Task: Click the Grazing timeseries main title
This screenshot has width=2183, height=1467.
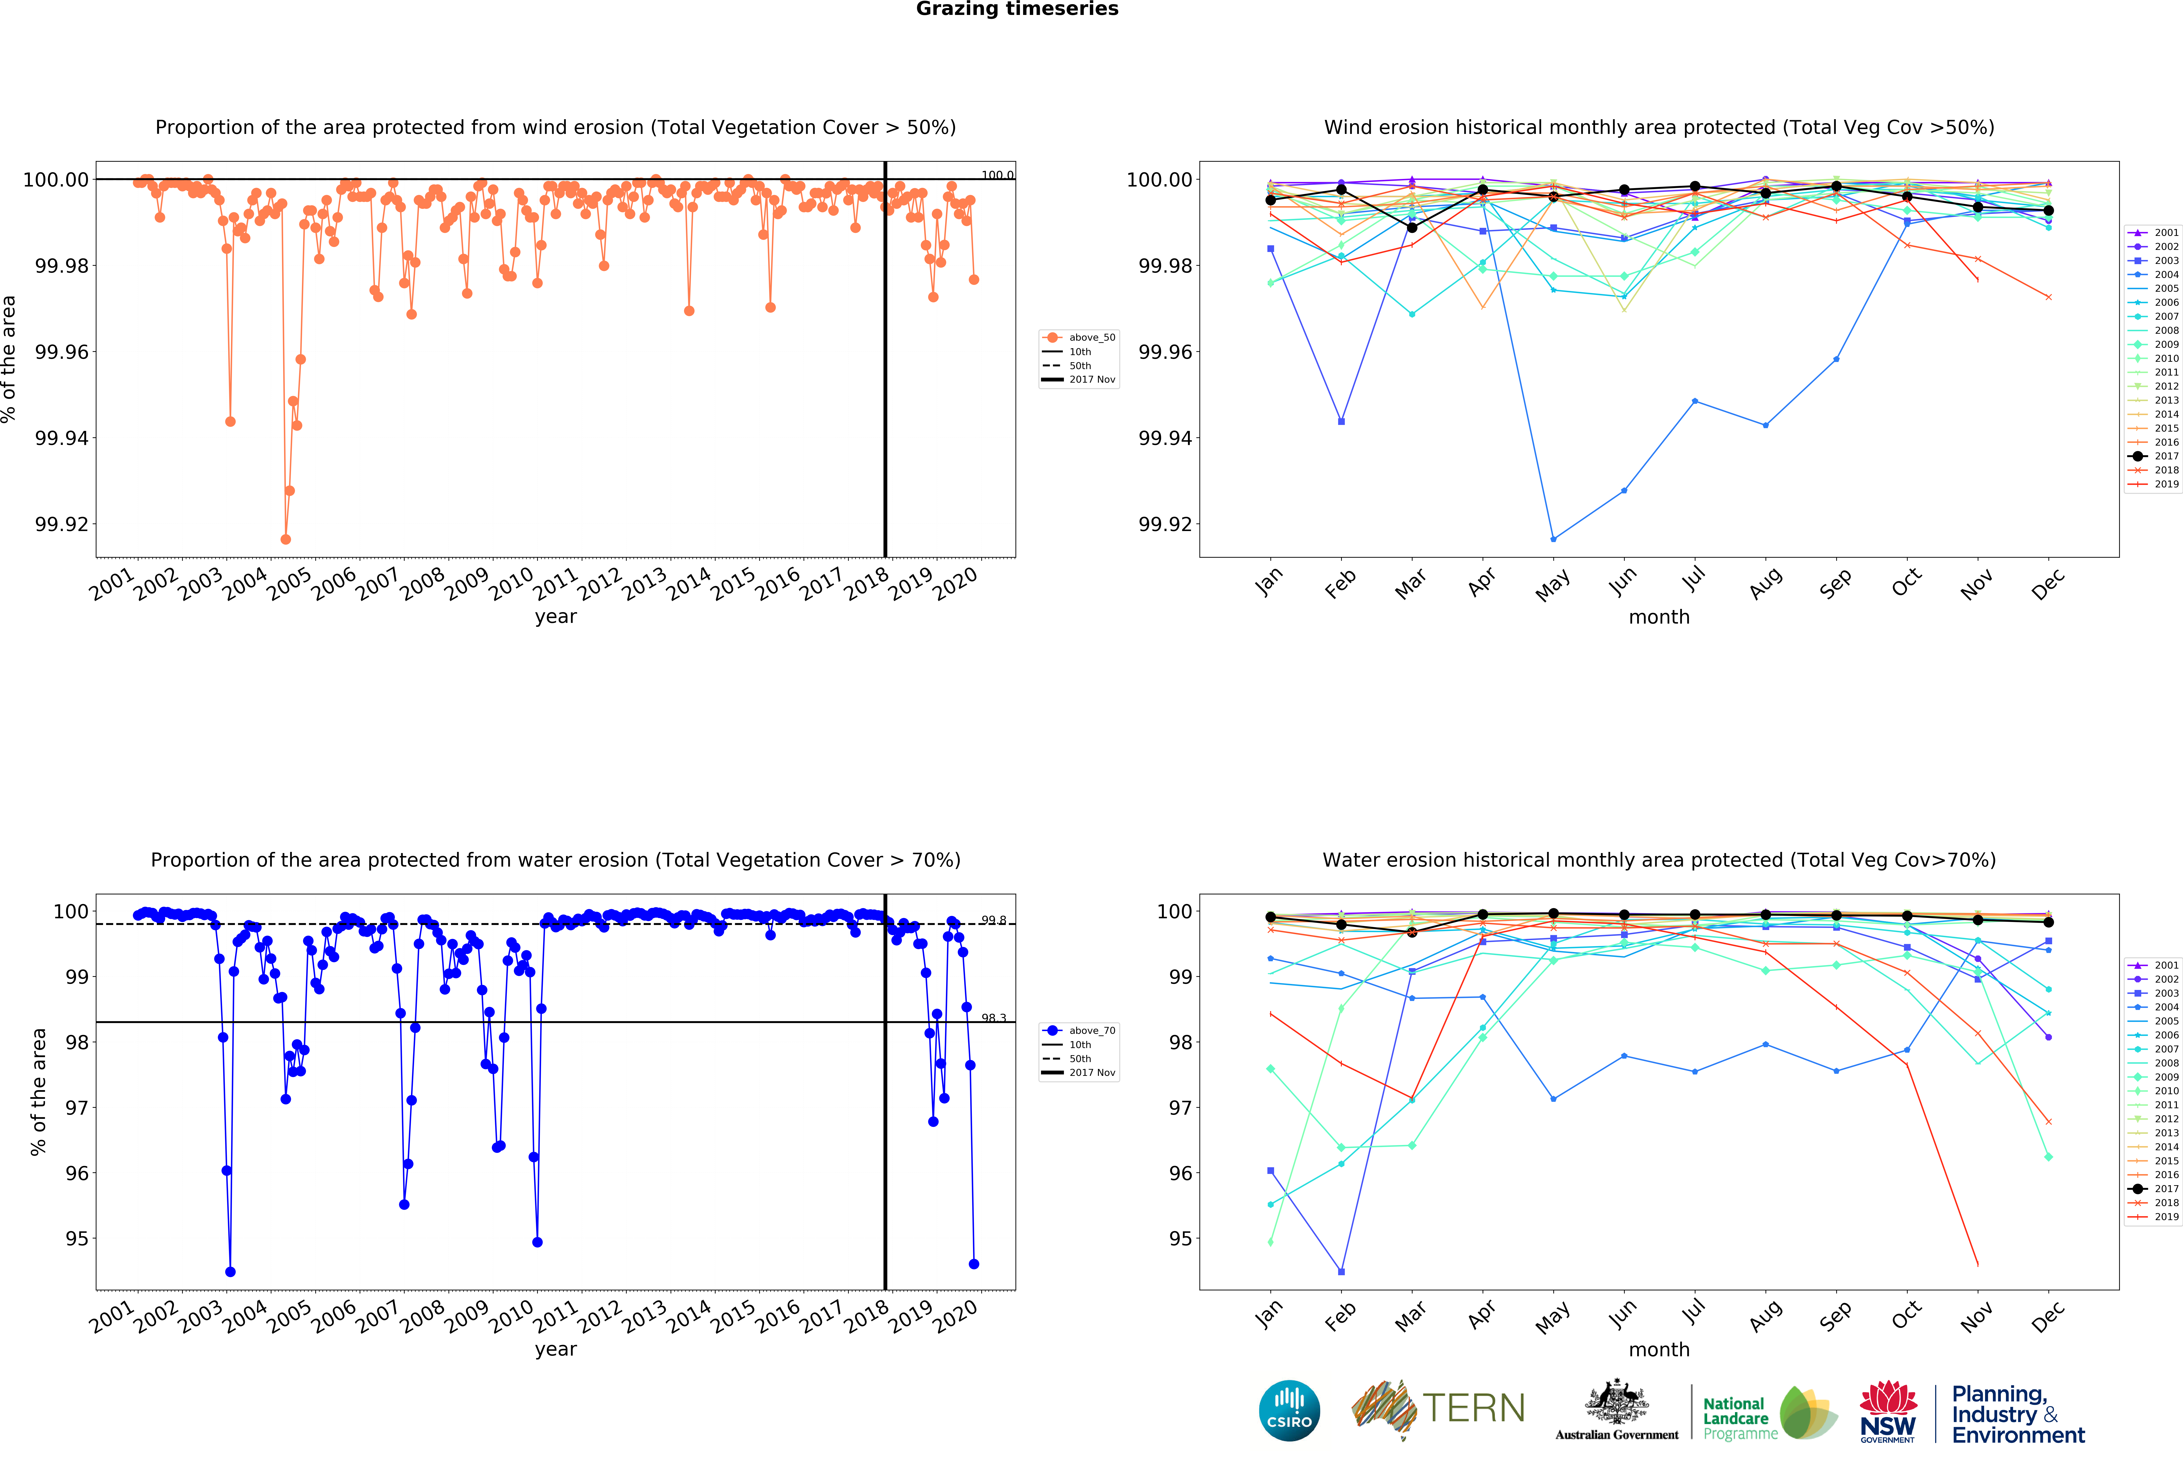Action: pos(1017,9)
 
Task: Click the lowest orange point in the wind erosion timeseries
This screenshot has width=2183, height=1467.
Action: pos(285,539)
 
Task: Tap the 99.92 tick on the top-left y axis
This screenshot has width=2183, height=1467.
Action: pos(62,524)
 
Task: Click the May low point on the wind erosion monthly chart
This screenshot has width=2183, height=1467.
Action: pos(1554,539)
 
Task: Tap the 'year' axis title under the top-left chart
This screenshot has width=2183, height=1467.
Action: pos(556,616)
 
